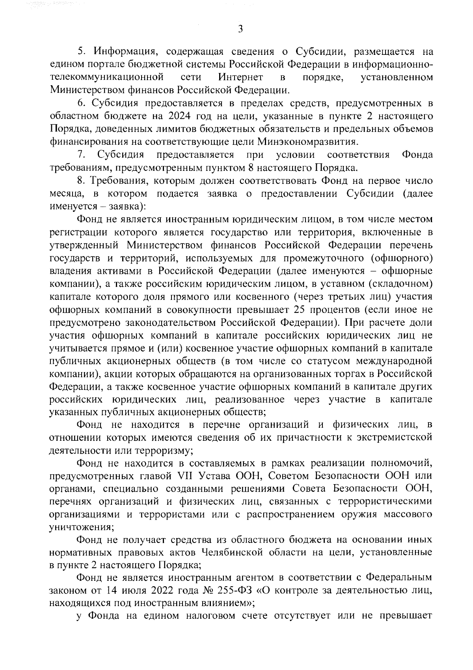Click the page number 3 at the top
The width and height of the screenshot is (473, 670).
point(240,29)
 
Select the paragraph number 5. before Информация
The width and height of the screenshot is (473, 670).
point(80,52)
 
